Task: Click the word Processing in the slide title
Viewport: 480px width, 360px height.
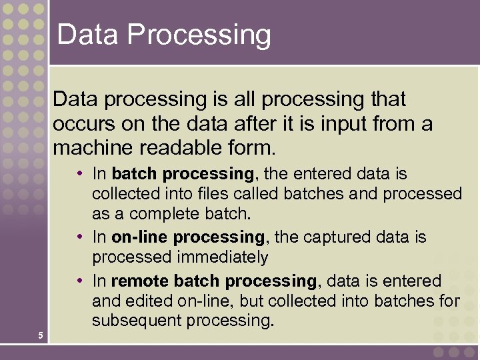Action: click(200, 35)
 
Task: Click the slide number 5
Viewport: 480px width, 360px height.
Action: click(41, 335)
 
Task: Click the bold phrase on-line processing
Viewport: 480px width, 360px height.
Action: click(188, 237)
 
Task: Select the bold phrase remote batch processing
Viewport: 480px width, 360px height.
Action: click(214, 281)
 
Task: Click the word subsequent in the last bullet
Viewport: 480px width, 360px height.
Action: click(138, 321)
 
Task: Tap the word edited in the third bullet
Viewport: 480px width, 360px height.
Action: click(147, 301)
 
